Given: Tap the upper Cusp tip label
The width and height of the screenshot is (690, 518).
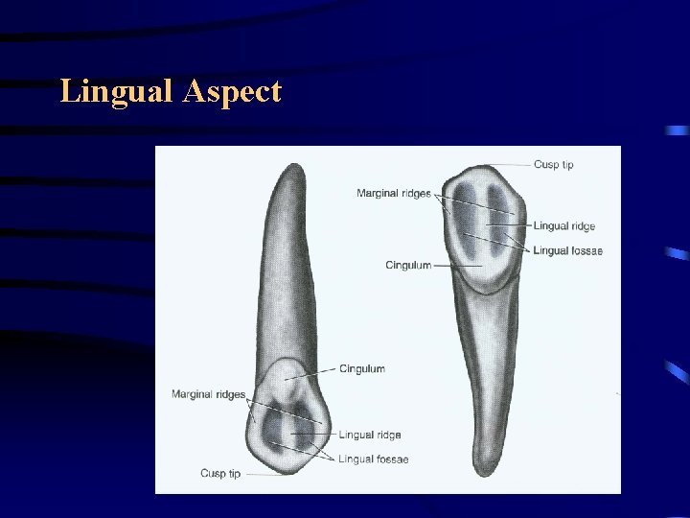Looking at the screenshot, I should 553,164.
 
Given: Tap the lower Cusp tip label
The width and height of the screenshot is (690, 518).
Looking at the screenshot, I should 220,474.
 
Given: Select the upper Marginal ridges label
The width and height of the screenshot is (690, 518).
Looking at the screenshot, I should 393,194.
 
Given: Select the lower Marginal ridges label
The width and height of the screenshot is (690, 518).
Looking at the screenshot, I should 208,394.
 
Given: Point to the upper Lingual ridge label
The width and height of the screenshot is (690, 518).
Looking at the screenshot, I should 564,226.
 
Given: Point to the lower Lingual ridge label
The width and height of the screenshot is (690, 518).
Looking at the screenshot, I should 370,436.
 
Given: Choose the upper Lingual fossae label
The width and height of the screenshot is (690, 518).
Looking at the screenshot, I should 567,250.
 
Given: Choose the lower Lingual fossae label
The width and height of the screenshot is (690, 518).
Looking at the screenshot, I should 373,459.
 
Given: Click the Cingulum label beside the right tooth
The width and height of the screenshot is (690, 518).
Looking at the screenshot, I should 408,265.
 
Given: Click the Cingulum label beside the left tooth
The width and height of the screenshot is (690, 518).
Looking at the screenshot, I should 362,368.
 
